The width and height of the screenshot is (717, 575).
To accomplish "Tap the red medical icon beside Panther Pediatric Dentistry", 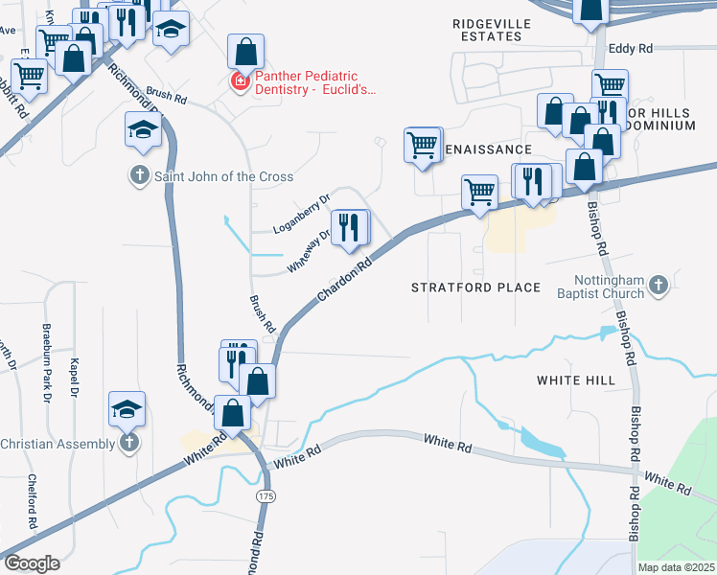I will [x=239, y=83].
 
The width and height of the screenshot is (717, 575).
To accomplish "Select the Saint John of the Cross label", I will [x=220, y=176].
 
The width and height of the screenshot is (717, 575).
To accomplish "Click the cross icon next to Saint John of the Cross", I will [x=139, y=175].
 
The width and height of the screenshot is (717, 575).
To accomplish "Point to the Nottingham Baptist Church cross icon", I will [x=658, y=285].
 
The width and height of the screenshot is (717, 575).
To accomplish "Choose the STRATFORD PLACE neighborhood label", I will [x=475, y=287].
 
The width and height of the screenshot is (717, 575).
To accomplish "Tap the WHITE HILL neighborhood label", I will [x=575, y=380].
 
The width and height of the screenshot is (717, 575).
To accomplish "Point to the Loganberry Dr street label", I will [x=301, y=213].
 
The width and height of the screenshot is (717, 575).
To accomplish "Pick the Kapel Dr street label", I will [x=73, y=379].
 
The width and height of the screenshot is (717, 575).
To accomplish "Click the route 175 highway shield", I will [x=266, y=496].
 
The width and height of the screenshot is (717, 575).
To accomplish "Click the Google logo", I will [x=31, y=563].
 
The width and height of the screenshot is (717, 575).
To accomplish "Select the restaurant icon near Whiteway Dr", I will [x=351, y=228].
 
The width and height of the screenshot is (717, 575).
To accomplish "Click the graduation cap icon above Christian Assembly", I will [x=127, y=409].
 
